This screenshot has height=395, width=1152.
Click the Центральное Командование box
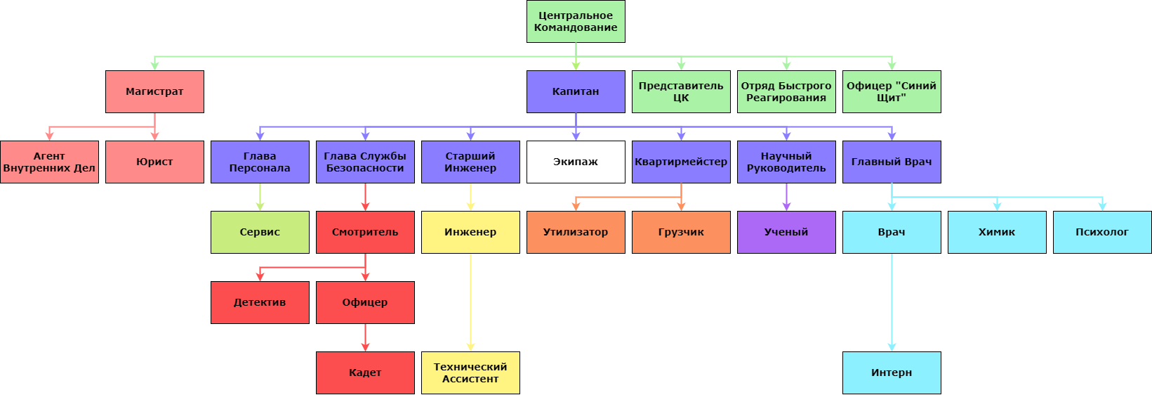tap(576, 21)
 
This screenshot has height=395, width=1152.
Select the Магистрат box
tap(154, 91)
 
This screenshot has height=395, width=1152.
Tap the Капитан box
tap(576, 91)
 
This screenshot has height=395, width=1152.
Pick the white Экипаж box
tap(576, 162)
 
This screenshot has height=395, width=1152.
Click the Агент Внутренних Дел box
tap(49, 162)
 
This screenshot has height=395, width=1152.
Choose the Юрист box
tap(154, 162)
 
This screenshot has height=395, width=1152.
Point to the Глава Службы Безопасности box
tap(365, 162)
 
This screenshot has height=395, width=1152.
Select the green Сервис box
tap(260, 232)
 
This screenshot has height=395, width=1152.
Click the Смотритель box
tap(365, 232)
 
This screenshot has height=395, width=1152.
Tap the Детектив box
tap(260, 302)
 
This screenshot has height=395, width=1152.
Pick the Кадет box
tap(365, 373)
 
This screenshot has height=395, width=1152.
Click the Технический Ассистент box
tap(470, 373)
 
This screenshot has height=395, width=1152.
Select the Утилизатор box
tap(576, 232)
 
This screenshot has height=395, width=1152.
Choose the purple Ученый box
tap(786, 232)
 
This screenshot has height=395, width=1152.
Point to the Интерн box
tap(892, 373)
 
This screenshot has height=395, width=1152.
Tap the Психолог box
tap(1102, 232)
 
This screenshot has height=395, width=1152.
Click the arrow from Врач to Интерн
tap(892, 302)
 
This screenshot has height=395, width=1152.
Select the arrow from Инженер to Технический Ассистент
tap(470, 302)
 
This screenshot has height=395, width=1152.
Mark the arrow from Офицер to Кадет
tap(365, 337)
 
